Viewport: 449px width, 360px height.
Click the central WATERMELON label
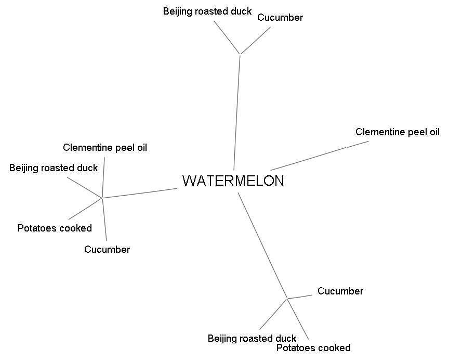coord(233,181)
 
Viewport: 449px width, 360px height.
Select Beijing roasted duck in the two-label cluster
coord(207,11)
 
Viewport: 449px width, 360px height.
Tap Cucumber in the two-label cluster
coord(280,18)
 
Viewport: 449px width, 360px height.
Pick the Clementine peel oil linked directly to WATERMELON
coord(397,132)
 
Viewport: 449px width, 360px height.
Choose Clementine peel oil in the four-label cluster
coord(105,148)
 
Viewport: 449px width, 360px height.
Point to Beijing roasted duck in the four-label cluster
coord(54,168)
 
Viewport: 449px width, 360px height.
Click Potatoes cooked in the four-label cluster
coord(55,228)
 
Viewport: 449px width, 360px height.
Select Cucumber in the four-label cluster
coord(107,250)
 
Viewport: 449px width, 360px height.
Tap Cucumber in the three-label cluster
coord(340,291)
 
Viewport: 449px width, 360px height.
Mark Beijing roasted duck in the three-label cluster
coord(252,339)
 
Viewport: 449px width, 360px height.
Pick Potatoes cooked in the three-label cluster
coord(313,348)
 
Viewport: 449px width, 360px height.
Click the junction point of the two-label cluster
coord(240,54)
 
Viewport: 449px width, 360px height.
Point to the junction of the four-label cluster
coord(102,198)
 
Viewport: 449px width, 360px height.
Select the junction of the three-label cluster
coord(287,299)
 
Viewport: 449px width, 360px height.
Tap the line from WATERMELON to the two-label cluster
coord(237,112)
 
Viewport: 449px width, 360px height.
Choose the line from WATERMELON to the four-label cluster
coord(140,193)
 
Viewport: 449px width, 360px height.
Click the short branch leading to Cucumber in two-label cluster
coord(255,41)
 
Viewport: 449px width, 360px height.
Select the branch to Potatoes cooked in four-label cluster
coord(85,209)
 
